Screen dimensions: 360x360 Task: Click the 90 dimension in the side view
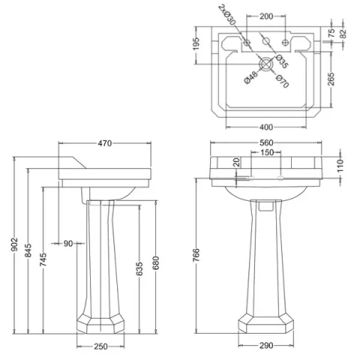[x=69, y=242]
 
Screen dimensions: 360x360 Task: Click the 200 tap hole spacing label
[x=266, y=15]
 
